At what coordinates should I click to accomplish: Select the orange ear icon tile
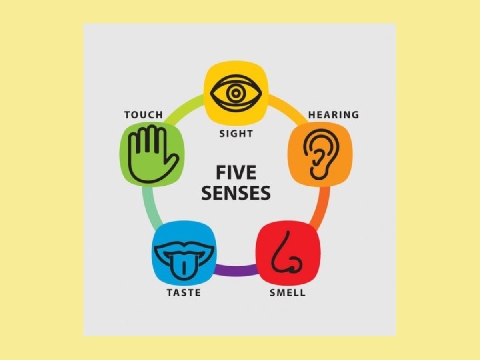[318, 155]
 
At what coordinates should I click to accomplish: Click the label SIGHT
[236, 133]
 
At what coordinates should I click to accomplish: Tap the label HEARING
[333, 115]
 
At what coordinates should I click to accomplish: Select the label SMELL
[287, 293]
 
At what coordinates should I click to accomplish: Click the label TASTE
[183, 293]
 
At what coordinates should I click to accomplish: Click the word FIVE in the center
[235, 173]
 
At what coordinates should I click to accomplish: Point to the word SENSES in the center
[236, 194]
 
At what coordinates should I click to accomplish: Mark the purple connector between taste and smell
[235, 270]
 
